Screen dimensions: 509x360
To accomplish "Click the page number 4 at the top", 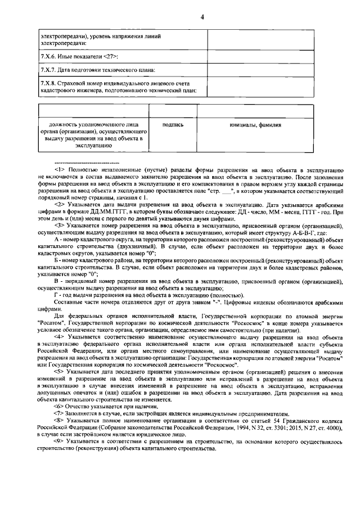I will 201,16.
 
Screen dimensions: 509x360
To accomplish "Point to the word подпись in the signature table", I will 172,125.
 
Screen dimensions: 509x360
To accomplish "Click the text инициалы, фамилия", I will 255,125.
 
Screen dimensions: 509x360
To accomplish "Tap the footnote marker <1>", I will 60,169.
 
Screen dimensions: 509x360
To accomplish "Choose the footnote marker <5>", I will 60,372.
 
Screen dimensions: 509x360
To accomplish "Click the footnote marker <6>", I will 60,406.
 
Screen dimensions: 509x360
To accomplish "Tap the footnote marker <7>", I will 60,413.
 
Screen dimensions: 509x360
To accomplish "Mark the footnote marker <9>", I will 60,443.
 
